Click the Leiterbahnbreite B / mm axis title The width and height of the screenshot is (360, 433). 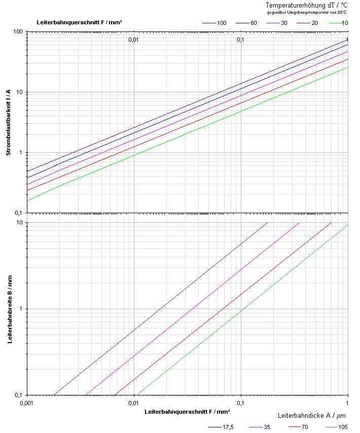[9, 309]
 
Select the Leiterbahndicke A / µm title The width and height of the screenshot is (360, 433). [312, 415]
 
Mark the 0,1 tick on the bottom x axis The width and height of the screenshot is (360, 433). [240, 403]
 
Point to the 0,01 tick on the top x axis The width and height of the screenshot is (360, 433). [133, 39]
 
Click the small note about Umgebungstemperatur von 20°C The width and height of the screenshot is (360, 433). [314, 12]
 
